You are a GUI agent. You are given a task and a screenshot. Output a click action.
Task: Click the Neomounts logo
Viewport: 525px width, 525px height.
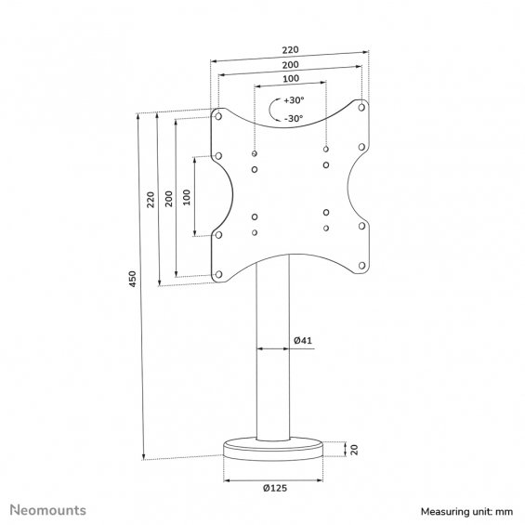48,510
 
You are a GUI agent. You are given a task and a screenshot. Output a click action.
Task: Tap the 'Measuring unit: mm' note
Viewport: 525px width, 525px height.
466,512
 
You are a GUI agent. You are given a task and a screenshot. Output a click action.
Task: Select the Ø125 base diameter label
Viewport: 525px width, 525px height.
275,488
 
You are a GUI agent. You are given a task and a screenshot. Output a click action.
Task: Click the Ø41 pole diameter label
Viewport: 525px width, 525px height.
303,340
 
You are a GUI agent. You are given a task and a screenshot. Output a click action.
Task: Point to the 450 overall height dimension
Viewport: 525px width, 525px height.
133,279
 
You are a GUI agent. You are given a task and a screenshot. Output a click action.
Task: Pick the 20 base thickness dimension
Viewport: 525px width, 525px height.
354,450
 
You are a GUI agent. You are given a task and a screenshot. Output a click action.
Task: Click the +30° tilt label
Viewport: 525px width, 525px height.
294,100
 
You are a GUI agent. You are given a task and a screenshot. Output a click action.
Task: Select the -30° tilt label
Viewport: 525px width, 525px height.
294,119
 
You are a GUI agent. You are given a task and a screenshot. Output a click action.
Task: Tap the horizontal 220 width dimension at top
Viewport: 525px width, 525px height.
290,50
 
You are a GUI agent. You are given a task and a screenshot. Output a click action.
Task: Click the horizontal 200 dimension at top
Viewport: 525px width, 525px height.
290,65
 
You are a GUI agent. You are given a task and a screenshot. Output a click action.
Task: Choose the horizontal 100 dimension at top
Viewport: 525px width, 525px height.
291,79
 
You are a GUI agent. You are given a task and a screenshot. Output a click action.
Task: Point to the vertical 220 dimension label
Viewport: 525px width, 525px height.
151,200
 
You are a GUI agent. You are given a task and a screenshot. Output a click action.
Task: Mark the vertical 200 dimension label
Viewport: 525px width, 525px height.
169,199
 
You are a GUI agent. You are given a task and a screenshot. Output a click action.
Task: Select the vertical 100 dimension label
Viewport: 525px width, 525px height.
187,198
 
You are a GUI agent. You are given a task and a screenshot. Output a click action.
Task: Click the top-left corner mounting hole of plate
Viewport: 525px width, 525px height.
218,116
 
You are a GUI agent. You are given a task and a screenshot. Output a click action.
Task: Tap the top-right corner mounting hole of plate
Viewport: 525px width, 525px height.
361,107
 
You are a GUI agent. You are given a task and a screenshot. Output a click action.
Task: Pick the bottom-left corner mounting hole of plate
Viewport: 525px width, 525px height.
218,274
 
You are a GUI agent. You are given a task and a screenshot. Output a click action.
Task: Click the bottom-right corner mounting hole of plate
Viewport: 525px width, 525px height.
361,266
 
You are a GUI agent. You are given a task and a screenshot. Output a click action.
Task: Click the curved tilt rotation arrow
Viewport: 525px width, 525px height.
269,109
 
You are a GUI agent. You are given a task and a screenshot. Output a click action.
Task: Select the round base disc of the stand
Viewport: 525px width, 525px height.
273,449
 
